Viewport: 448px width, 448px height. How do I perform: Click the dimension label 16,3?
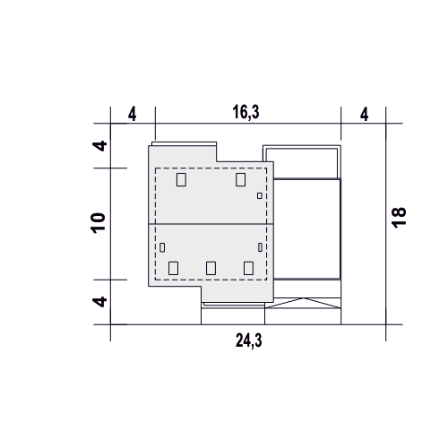click(x=246, y=113)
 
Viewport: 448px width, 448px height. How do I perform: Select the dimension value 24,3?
click(x=248, y=340)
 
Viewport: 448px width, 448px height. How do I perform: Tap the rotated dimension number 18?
click(x=399, y=218)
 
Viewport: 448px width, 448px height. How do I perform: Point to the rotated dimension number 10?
click(x=99, y=223)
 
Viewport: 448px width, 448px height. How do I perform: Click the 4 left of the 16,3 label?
click(x=133, y=115)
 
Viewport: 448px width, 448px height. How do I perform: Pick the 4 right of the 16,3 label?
click(x=364, y=115)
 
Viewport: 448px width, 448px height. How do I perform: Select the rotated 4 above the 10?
click(x=99, y=146)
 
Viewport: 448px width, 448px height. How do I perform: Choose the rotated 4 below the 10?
click(x=99, y=302)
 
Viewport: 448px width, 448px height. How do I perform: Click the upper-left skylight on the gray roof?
click(x=181, y=180)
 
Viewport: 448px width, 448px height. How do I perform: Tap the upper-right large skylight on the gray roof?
click(x=240, y=179)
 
